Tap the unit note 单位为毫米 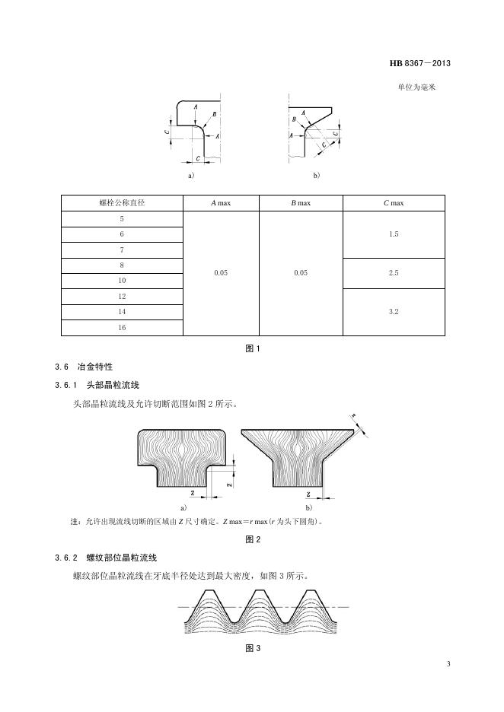416,87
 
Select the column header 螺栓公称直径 122,203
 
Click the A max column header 221,203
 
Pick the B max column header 301,203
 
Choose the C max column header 394,203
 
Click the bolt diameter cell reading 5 122,219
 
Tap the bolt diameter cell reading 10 122,281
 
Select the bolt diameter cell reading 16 122,327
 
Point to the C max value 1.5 394,234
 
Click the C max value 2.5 394,273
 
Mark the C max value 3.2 394,312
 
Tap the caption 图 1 253,349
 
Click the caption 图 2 253,540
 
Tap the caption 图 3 253,648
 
